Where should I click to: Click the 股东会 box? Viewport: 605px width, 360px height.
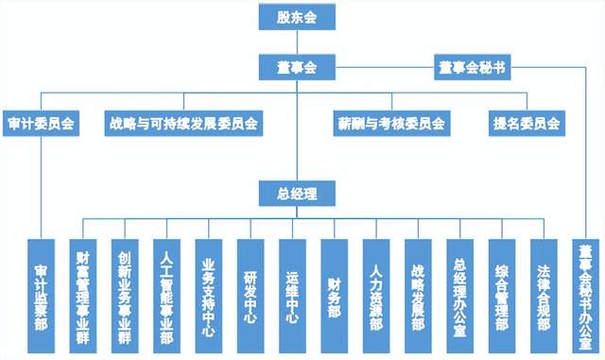[x=297, y=17]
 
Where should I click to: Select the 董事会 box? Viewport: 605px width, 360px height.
[x=297, y=67]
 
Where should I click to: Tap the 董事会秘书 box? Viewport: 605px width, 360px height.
[x=473, y=67]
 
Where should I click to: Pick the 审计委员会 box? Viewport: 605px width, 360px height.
[x=41, y=124]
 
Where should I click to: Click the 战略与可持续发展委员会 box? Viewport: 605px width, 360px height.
[x=183, y=124]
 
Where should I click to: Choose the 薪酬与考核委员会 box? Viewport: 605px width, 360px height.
[x=391, y=124]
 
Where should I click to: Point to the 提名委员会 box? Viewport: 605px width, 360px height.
[x=527, y=124]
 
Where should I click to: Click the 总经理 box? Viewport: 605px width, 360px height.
[x=297, y=194]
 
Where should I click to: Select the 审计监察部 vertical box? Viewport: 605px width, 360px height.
[x=41, y=297]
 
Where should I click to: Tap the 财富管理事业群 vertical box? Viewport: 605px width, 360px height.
[x=83, y=297]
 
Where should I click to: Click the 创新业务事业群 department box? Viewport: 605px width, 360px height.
[x=125, y=297]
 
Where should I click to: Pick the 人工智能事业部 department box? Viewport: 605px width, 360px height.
[x=166, y=297]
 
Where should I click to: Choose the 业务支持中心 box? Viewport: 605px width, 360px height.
[x=209, y=297]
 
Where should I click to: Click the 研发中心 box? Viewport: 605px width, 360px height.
[x=251, y=297]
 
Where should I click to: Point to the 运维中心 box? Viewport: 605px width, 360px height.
[x=292, y=297]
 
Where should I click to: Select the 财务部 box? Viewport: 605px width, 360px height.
[x=334, y=297]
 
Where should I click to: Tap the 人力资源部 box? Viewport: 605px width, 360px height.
[x=376, y=297]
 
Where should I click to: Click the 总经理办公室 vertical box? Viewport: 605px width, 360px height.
[x=460, y=297]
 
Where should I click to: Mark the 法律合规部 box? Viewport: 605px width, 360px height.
[x=544, y=297]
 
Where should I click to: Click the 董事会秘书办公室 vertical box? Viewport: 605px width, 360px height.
[x=586, y=297]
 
